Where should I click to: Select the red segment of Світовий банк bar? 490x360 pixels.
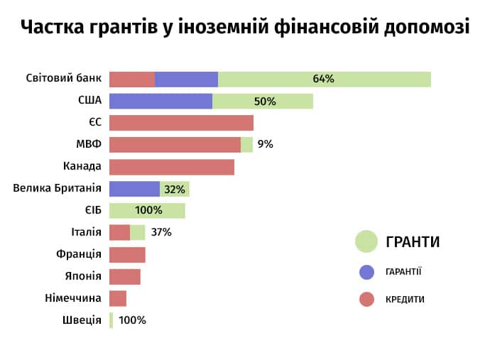pos(132,79)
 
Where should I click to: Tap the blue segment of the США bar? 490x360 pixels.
pos(160,101)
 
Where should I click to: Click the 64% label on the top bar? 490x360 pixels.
pos(323,79)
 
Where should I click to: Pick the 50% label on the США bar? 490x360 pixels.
pos(265,101)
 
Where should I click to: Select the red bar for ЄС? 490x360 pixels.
pos(181,123)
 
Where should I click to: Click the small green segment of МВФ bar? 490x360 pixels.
pos(246,145)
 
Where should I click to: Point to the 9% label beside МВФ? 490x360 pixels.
pos(266,145)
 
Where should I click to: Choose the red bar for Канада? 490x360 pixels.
pos(171,167)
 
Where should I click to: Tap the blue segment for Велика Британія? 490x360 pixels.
pos(134,189)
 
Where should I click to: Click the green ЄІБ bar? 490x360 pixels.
pos(147,211)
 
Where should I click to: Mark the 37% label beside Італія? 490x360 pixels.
pos(161,232)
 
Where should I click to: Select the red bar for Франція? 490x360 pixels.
pos(127,254)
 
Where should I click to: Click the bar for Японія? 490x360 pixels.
pos(125,276)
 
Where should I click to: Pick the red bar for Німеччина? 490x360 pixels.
pos(118,298)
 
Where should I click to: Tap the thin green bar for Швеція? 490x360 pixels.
pos(111,320)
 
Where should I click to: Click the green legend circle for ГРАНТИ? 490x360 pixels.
pos(366,241)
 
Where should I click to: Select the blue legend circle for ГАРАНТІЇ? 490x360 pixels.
pos(366,271)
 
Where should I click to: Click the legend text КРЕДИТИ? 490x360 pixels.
pos(405,300)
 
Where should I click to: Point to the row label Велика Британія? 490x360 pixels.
pos(58,189)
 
